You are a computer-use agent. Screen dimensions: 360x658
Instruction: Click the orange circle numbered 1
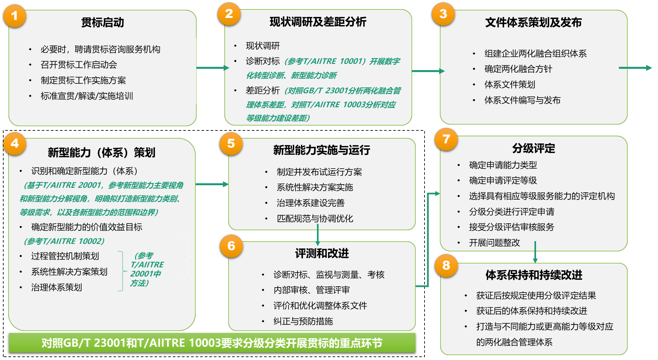click(15, 16)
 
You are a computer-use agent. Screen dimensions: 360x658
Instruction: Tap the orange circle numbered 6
click(231, 246)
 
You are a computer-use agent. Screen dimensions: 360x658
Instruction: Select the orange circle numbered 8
click(446, 265)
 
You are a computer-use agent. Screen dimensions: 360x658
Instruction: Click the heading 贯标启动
click(102, 22)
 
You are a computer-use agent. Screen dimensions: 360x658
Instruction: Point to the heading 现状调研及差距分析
click(318, 22)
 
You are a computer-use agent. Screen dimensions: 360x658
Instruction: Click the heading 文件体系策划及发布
click(533, 22)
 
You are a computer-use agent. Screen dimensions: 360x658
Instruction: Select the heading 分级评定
click(533, 148)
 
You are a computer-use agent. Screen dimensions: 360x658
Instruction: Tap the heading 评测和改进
click(322, 253)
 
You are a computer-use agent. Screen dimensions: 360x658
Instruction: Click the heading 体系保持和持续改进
click(534, 275)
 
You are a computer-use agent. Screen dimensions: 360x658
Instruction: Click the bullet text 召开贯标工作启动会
click(79, 65)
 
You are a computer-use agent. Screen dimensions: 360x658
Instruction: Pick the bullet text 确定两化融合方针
click(518, 69)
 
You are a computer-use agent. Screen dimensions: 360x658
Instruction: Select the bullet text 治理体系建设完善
click(310, 203)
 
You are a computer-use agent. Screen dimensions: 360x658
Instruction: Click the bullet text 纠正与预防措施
click(303, 321)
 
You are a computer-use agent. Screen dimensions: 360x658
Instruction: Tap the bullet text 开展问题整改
click(494, 243)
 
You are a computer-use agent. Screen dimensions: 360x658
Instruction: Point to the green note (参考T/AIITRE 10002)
click(64, 241)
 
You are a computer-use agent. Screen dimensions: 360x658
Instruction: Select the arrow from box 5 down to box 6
click(318, 237)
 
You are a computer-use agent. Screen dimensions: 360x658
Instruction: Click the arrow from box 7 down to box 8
click(535, 252)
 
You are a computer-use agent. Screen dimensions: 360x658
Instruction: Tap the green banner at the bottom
click(212, 343)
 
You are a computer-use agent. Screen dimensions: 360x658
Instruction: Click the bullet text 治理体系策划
click(56, 287)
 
